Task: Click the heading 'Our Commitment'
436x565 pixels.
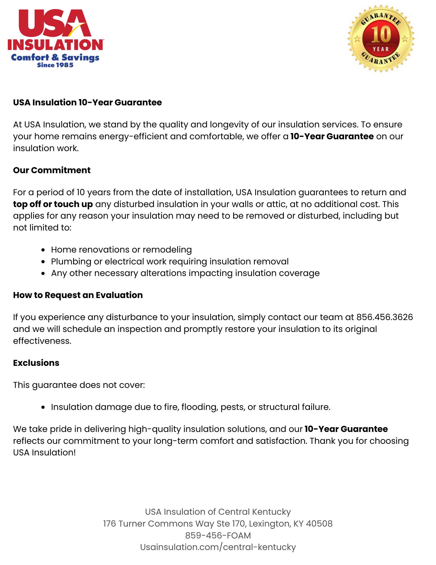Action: (x=52, y=170)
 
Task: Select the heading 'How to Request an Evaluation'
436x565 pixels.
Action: (x=78, y=295)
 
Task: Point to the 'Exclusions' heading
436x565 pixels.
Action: (x=36, y=363)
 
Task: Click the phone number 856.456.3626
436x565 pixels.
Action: (x=384, y=317)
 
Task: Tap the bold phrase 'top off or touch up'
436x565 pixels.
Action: (x=53, y=204)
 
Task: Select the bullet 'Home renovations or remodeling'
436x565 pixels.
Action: (x=121, y=250)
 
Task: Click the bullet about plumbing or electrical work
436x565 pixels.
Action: (x=170, y=262)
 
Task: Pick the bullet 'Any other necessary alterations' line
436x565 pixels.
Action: (x=185, y=273)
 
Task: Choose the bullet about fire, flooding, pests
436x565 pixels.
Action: (x=190, y=407)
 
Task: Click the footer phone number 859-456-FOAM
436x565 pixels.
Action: (x=218, y=535)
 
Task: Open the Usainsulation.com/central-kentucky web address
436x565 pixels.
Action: (x=218, y=547)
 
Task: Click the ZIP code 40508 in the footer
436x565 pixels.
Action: (x=319, y=523)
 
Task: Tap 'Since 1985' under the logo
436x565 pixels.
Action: (x=55, y=65)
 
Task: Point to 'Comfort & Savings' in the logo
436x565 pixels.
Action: (x=55, y=57)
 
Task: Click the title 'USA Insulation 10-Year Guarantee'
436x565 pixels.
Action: (x=87, y=103)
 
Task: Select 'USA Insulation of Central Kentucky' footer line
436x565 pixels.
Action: (x=218, y=512)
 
